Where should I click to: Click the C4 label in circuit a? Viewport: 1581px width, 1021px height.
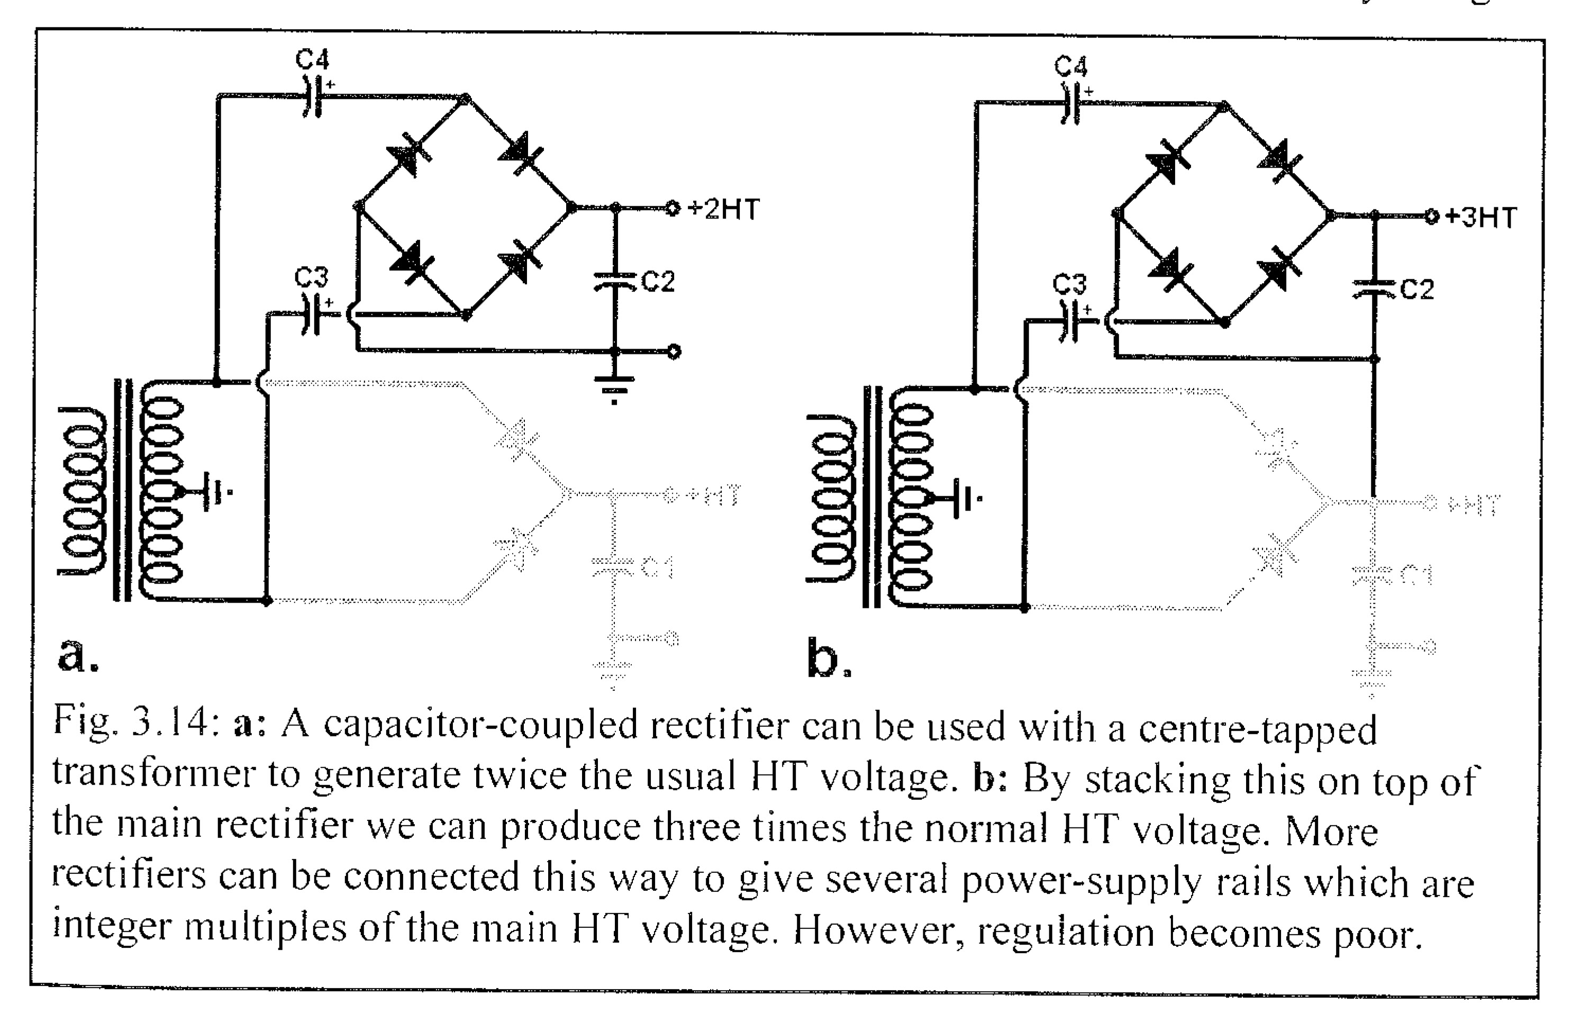pos(312,60)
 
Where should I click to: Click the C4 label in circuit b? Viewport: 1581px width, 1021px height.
pos(1070,66)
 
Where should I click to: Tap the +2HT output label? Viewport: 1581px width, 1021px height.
pos(723,209)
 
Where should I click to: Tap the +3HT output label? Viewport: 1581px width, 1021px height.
pos(1481,217)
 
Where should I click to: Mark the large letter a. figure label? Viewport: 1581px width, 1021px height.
pos(78,654)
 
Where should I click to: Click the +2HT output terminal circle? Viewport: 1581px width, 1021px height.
pos(673,209)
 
